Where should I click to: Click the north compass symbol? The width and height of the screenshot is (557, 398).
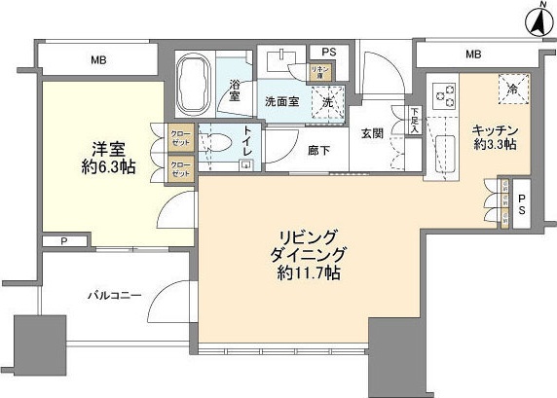tap(537, 20)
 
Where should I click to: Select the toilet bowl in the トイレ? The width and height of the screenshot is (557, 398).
tap(215, 141)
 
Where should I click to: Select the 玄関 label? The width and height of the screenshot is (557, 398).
tap(373, 133)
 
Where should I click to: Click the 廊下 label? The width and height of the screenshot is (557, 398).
tap(319, 151)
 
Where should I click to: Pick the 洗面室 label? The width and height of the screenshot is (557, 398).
tap(282, 102)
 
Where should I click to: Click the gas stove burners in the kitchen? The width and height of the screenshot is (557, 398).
tap(444, 93)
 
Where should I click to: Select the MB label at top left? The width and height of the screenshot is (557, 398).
tap(98, 60)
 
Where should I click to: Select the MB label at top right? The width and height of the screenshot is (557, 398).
tap(472, 54)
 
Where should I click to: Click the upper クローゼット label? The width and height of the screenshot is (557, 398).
tap(180, 136)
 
